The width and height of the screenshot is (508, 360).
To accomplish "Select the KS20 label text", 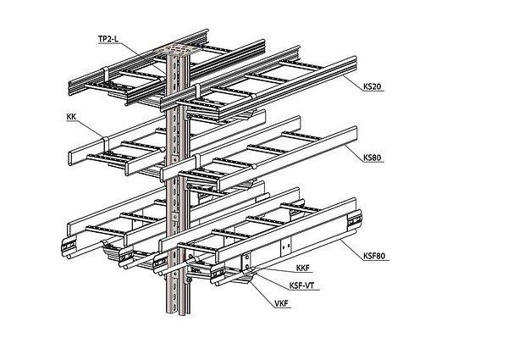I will [371, 87].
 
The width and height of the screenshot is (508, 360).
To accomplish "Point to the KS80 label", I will [371, 157].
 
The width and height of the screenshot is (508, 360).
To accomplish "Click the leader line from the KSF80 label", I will [351, 246].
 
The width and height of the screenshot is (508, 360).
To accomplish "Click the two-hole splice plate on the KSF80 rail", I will [245, 261].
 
